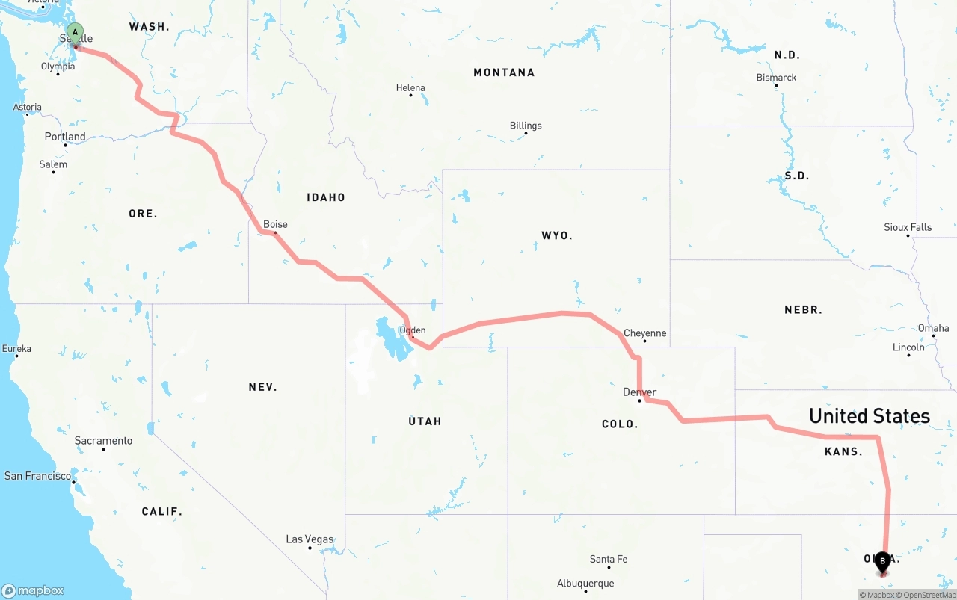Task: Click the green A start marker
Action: point(75,33)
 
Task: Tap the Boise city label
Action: point(275,224)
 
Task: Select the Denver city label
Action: point(639,392)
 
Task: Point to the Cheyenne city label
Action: point(644,333)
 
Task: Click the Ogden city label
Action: point(413,330)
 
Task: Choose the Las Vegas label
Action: point(310,539)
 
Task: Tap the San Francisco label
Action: point(37,476)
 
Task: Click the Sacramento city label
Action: point(103,441)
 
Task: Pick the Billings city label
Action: point(526,126)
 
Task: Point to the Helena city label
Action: point(410,87)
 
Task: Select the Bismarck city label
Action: point(776,78)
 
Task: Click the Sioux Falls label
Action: point(908,227)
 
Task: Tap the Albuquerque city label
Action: point(585,584)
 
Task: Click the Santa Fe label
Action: point(608,559)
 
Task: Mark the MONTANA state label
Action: point(504,72)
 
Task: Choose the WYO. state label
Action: point(557,235)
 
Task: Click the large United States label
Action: point(870,416)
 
